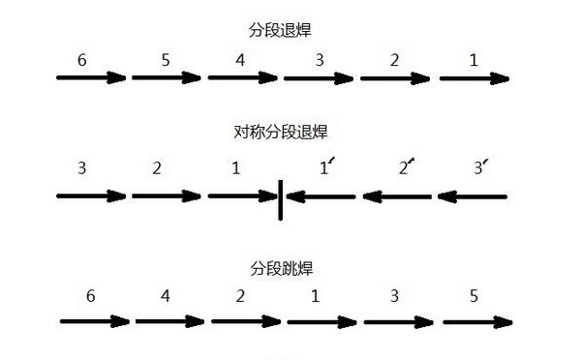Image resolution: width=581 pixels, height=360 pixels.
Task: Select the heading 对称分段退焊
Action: click(x=281, y=133)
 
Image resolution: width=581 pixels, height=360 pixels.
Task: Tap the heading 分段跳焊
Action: click(x=281, y=266)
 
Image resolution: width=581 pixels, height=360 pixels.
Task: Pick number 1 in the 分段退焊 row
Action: click(x=473, y=59)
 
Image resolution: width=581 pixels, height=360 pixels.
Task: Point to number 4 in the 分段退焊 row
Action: click(x=241, y=59)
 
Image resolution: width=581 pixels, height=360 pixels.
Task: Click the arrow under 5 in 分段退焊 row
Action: click(x=168, y=77)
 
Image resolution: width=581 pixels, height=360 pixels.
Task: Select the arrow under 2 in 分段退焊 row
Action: click(x=398, y=77)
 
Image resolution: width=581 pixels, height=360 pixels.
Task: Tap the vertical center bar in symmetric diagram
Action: click(x=281, y=196)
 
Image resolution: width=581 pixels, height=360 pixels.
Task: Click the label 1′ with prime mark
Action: click(x=326, y=167)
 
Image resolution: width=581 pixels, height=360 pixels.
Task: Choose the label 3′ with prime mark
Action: click(x=479, y=167)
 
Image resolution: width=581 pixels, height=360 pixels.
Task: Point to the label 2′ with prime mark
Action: click(x=405, y=167)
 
